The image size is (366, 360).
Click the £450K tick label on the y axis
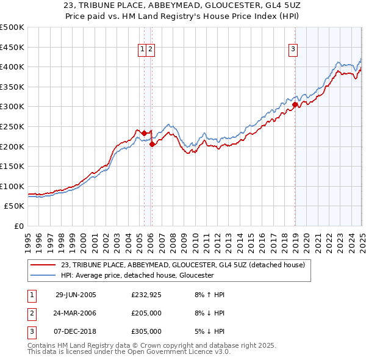(13, 47)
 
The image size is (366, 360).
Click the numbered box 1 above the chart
(142, 50)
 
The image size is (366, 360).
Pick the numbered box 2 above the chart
(150, 50)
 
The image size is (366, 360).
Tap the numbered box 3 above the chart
(293, 50)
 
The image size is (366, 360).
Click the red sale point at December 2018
(295, 105)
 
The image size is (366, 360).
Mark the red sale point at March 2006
(152, 145)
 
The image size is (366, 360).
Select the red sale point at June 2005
(144, 133)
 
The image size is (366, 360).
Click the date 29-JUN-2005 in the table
(76, 295)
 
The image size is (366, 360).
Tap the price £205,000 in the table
(146, 313)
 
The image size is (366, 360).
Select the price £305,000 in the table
(146, 331)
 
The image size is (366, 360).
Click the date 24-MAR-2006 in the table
(76, 313)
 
